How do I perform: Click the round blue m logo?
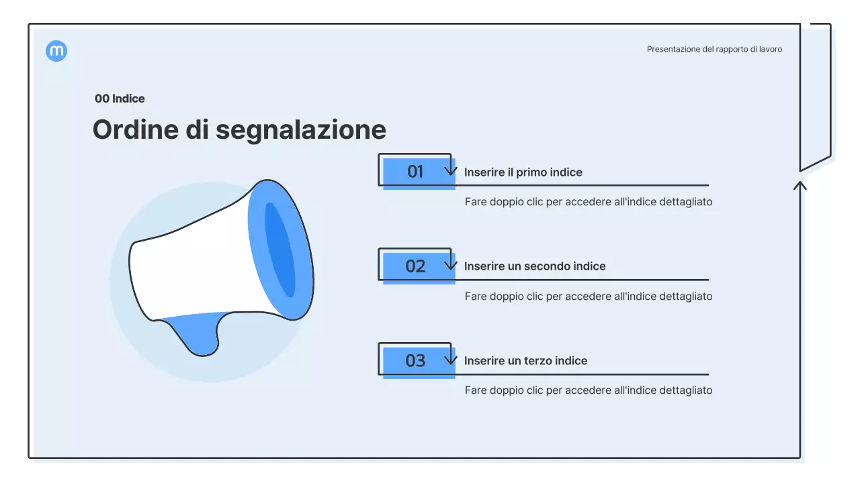(56, 51)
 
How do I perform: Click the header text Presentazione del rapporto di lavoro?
(714, 49)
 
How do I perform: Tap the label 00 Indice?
(120, 99)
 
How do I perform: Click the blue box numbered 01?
(415, 172)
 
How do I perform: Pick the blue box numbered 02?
(415, 266)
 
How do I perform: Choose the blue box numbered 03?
(415, 361)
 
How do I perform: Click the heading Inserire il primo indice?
(523, 172)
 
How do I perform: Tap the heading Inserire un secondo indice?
(534, 266)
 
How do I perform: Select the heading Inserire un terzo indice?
(525, 361)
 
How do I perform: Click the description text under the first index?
(588, 201)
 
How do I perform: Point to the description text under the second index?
(588, 296)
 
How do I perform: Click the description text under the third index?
(588, 390)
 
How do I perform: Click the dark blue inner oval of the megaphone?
(279, 250)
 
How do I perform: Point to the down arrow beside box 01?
(451, 168)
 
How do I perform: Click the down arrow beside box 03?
(451, 358)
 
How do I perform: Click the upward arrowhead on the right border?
(800, 184)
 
